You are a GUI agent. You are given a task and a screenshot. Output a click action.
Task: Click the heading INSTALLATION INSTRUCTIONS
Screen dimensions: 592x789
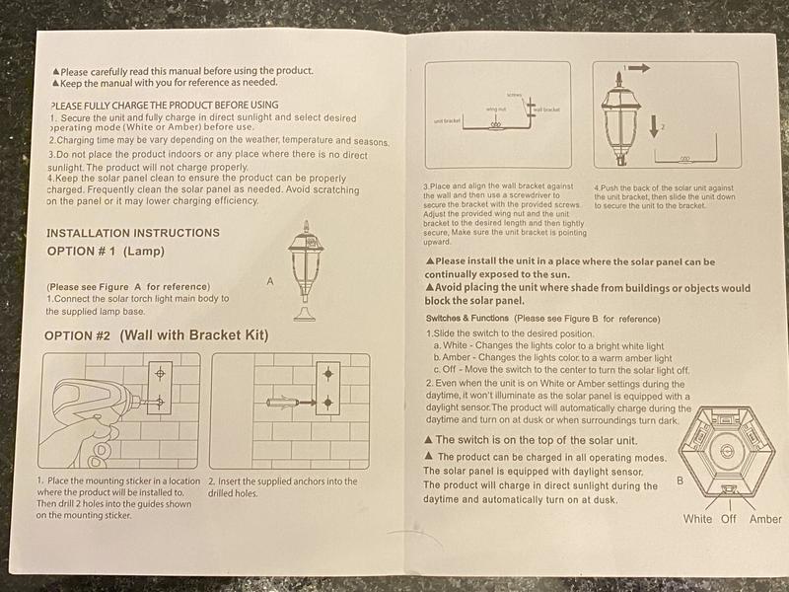[x=133, y=233]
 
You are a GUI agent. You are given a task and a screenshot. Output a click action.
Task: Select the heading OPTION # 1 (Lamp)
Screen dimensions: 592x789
[x=108, y=252]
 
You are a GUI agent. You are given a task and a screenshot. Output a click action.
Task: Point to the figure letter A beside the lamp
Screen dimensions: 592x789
[x=270, y=281]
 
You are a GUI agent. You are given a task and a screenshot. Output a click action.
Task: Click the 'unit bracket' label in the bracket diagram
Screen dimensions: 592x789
[x=448, y=120]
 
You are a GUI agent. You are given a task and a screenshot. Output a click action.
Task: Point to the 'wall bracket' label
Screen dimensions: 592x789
[x=546, y=109]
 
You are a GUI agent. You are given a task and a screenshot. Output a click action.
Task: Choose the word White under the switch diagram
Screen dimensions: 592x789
[x=697, y=519]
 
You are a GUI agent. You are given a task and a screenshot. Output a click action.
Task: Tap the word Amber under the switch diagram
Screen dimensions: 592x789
[x=765, y=519]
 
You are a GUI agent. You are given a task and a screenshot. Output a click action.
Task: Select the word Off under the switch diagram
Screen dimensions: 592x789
[x=729, y=519]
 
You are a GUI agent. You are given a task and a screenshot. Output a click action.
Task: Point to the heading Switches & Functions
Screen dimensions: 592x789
[x=467, y=319]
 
